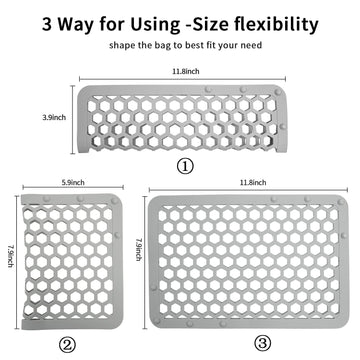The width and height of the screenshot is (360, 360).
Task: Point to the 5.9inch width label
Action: (72, 183)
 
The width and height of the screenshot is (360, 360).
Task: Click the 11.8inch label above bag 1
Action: (183, 71)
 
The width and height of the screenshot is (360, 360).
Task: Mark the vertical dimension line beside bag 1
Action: (71, 117)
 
